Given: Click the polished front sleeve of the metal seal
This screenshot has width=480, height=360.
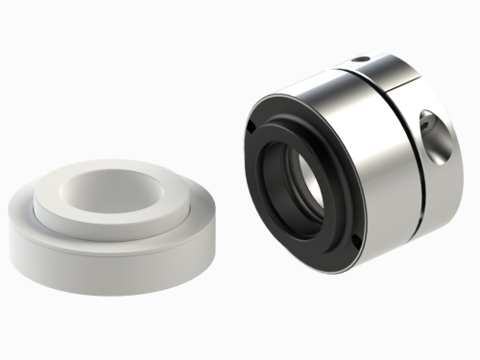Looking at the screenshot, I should (370, 154).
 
